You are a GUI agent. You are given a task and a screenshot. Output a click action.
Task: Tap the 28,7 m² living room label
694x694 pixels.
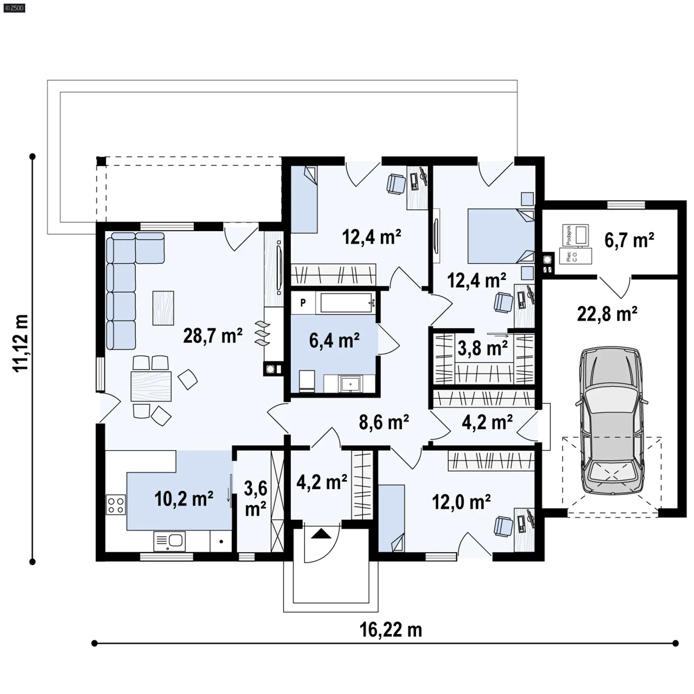[213, 336]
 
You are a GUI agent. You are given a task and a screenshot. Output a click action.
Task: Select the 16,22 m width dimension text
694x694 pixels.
[391, 630]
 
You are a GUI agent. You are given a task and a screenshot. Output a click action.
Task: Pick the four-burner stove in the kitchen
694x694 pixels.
[116, 505]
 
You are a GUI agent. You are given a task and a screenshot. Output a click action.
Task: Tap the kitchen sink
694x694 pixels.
[170, 541]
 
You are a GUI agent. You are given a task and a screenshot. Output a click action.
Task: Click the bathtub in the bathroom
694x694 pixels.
[346, 303]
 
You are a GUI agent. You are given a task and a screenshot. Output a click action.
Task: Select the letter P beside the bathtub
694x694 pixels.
[303, 303]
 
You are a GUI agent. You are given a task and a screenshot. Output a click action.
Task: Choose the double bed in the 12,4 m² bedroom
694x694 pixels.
[501, 235]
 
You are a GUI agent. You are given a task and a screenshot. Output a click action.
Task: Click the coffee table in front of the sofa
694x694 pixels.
[163, 308]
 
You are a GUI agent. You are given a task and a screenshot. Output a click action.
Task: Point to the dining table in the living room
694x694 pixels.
[151, 386]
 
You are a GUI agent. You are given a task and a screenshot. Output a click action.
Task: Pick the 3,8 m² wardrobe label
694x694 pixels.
[483, 348]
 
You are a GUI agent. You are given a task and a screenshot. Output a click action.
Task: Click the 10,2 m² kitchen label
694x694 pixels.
[184, 499]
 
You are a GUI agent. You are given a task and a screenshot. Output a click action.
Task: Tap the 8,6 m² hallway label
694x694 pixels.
[384, 422]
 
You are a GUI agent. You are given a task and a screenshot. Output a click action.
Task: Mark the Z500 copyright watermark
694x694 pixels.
[14, 8]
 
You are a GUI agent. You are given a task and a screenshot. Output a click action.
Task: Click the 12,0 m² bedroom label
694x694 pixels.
[461, 502]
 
